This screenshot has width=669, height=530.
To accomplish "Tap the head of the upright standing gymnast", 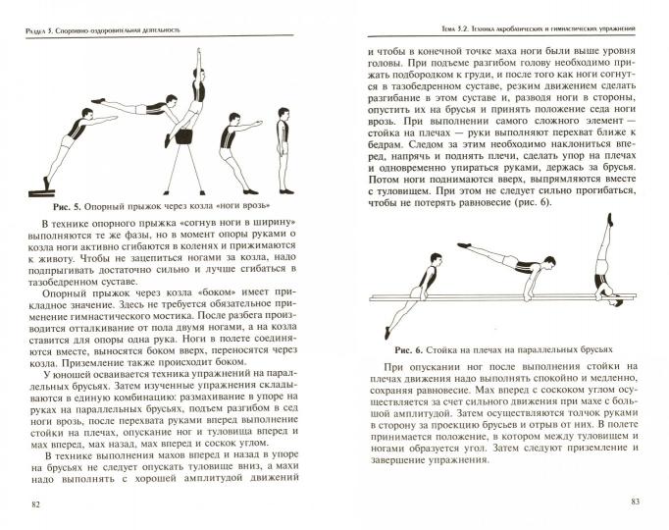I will (283, 116).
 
